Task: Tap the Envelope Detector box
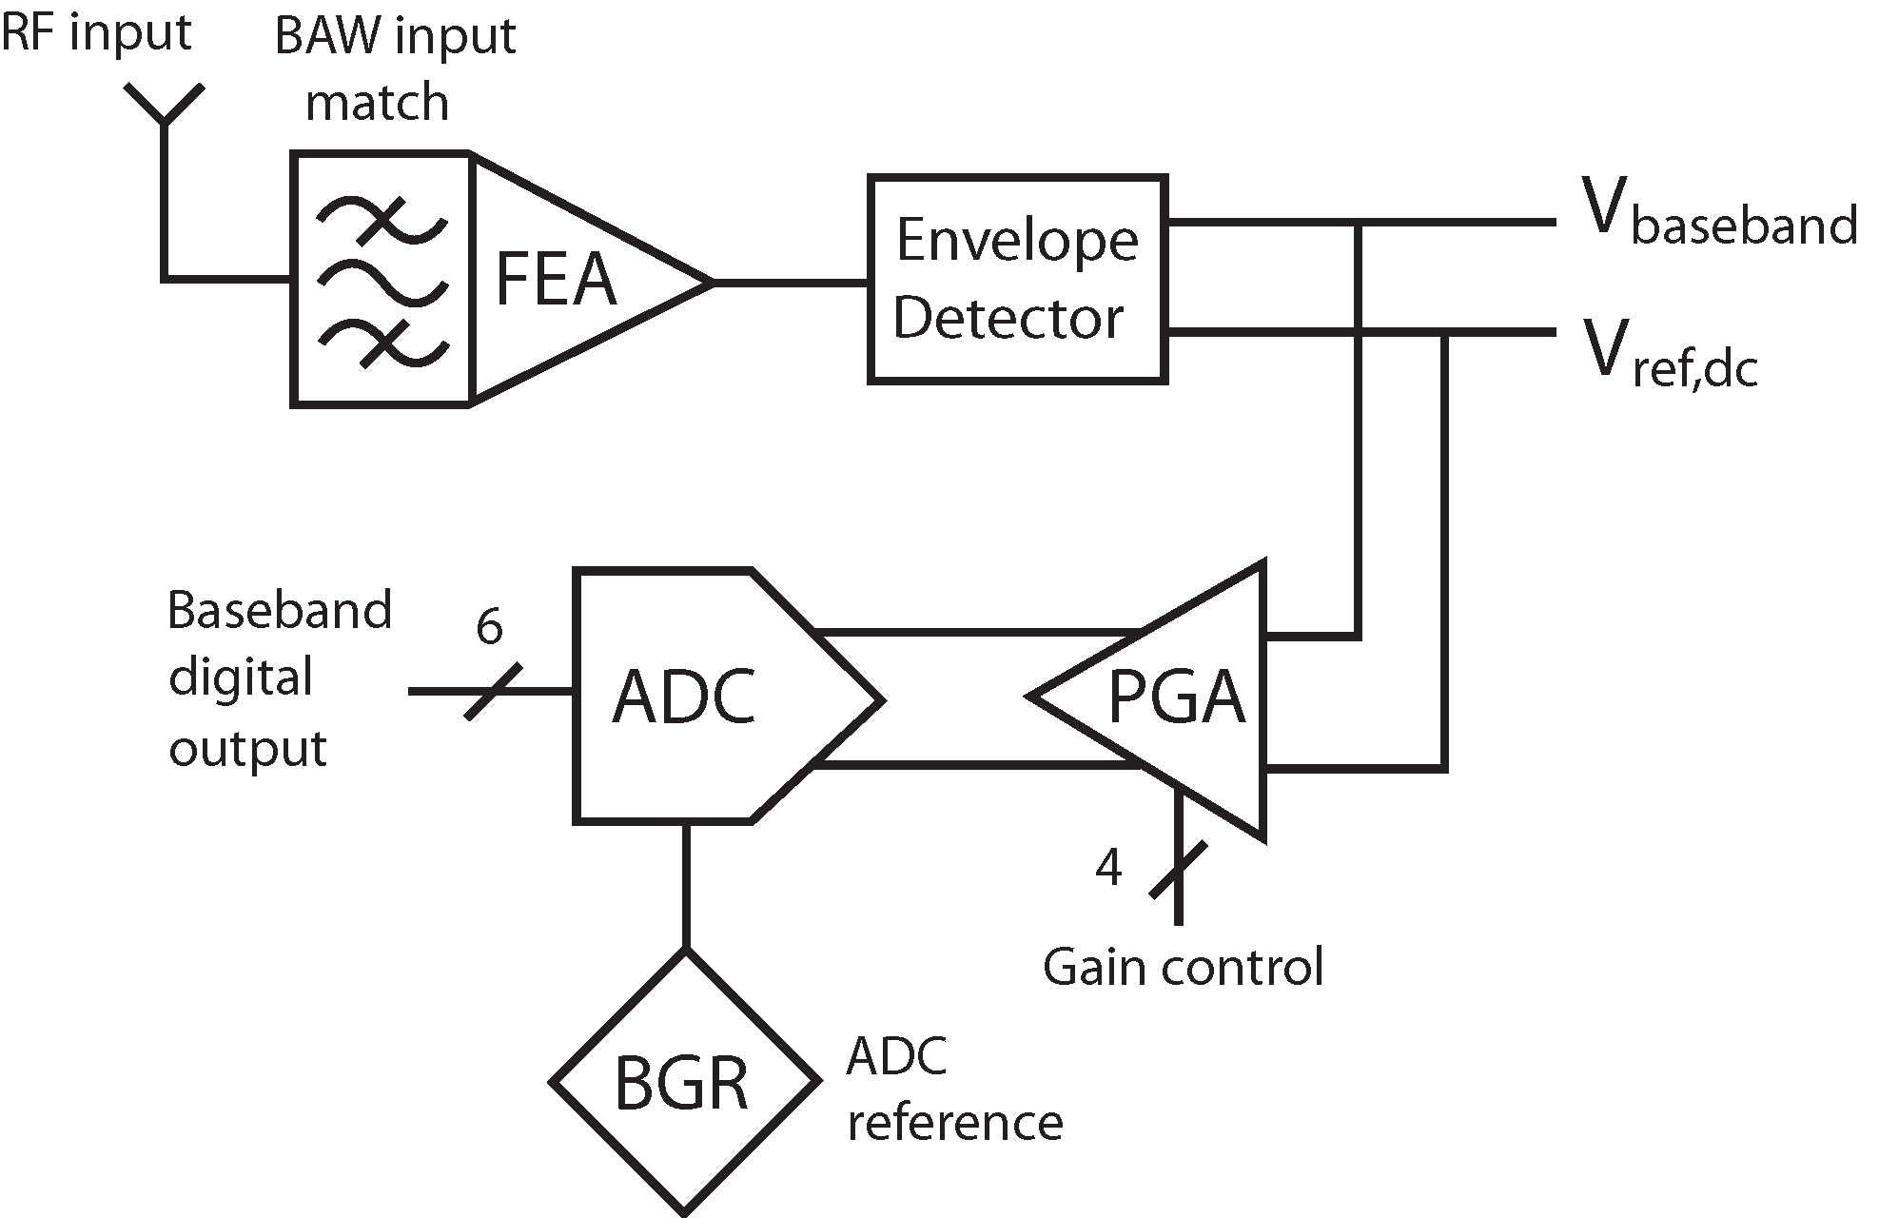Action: coord(1017,279)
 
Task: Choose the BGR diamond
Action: coord(684,1082)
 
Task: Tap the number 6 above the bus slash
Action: coord(489,628)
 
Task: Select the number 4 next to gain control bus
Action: coord(1108,867)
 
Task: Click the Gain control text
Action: coord(1183,967)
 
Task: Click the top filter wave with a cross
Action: coord(382,220)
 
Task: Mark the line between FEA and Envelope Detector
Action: coord(790,283)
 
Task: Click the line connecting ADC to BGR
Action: coord(685,885)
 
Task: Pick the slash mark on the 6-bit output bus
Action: coord(493,692)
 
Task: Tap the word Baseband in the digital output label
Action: coord(279,610)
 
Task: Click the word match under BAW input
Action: coord(377,102)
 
